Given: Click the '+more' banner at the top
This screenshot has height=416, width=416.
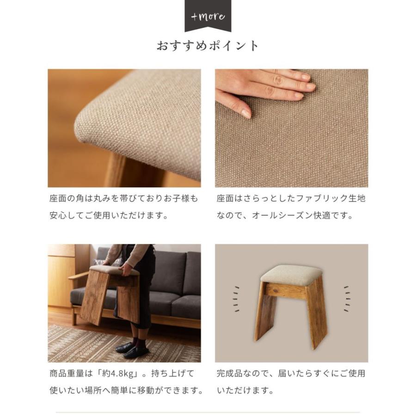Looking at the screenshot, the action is [208, 16].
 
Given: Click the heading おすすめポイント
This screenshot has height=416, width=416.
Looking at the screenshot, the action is [208, 46].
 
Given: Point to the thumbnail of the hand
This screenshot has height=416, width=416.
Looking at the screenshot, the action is [292, 128].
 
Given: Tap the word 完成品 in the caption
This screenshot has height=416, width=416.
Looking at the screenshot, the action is [230, 373].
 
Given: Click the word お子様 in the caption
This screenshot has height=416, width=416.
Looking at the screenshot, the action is [177, 198].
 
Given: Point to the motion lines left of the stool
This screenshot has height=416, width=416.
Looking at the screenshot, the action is [236, 299].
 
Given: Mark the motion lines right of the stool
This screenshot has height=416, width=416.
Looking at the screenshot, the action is [347, 299].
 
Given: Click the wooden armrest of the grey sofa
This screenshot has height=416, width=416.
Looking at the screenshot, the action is [78, 276].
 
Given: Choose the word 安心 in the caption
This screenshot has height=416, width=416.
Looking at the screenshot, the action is [58, 215].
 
